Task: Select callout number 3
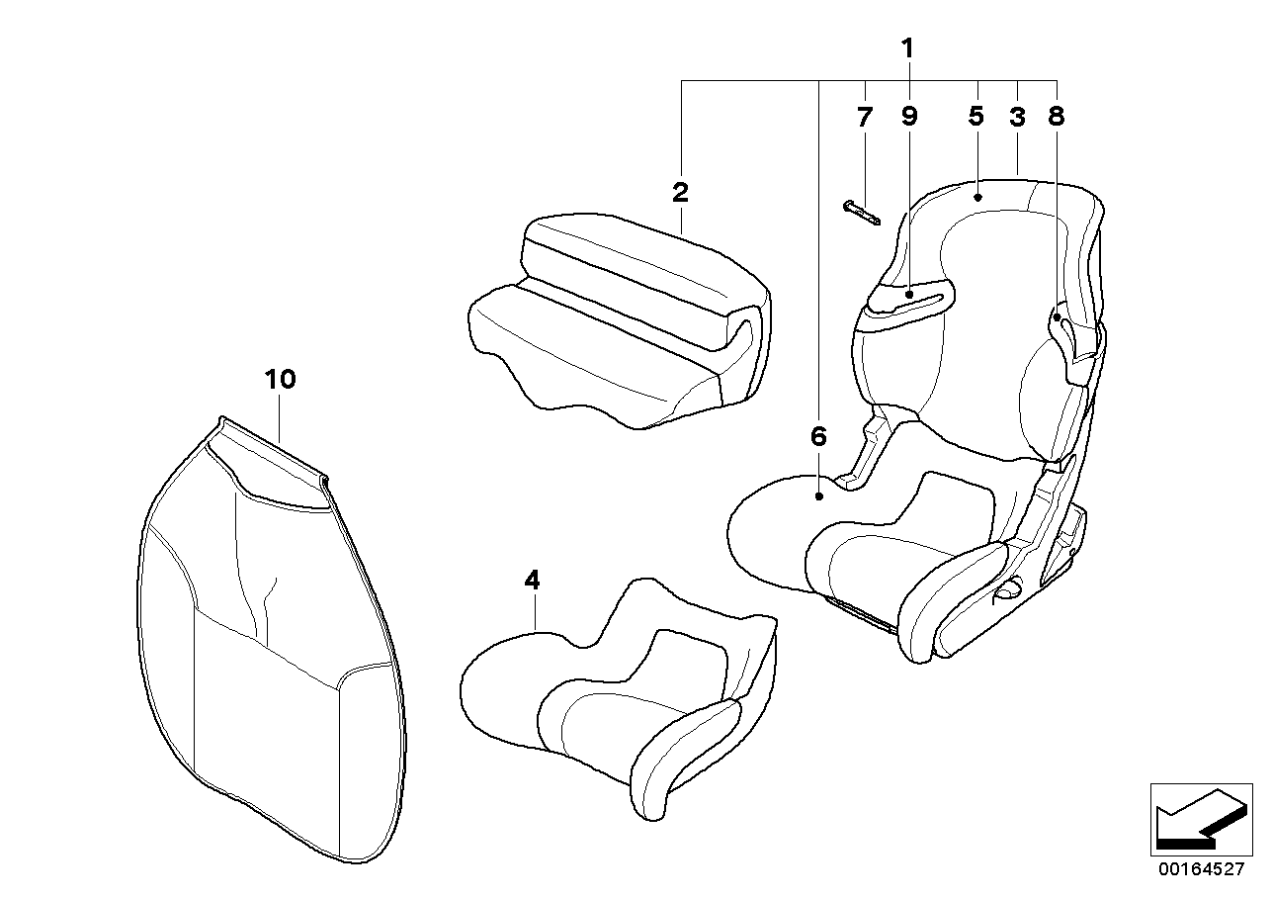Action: (1017, 117)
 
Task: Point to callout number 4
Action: (532, 582)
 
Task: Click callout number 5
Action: (976, 117)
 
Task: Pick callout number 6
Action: (817, 436)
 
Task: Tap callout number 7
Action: (865, 117)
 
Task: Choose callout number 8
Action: (1056, 117)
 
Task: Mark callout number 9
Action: (909, 117)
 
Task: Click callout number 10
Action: (280, 379)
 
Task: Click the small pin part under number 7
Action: (862, 213)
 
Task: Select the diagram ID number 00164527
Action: (1200, 870)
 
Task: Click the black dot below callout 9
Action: (909, 294)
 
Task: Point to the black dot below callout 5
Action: (977, 197)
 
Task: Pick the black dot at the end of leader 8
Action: (1057, 318)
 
